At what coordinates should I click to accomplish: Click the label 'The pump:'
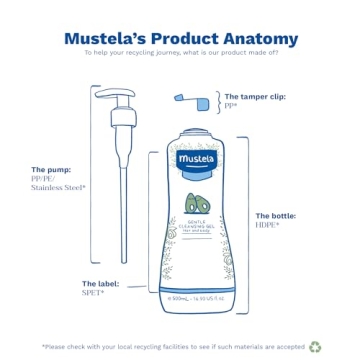click(x=51, y=169)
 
